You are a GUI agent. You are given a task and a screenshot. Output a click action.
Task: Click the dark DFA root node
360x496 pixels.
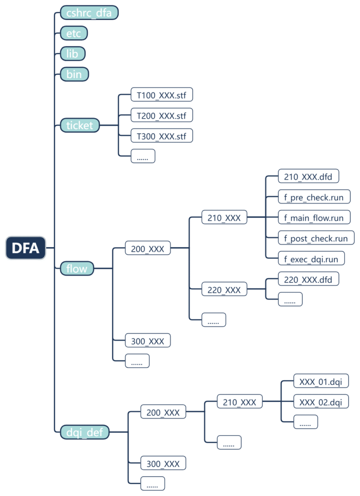point(26,248)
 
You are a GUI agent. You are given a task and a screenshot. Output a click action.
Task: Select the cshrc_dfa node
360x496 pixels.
point(89,13)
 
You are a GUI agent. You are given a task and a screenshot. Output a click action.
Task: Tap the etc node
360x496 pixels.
point(74,33)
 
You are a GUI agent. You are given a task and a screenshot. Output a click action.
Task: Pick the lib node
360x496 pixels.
point(72,53)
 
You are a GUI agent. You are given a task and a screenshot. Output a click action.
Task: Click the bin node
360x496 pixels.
point(74,74)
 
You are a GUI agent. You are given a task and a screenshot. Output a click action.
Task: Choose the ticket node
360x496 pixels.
point(80,125)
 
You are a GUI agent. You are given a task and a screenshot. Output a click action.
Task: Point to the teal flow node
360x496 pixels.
point(77,268)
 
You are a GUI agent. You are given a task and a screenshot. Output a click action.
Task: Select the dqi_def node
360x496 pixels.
point(85,432)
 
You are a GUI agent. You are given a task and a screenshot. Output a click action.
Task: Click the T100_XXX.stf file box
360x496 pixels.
point(162,94)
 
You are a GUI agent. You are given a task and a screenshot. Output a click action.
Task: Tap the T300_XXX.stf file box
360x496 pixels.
point(162,136)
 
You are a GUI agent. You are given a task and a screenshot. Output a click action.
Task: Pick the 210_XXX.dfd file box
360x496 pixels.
point(308,177)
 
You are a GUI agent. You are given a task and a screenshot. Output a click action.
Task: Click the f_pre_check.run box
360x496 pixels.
point(314,197)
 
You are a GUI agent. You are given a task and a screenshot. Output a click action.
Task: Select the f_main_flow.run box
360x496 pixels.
point(314,217)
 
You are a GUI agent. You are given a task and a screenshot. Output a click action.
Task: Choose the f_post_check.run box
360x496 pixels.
point(316,238)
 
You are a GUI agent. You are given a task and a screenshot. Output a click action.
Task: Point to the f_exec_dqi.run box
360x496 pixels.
point(312,259)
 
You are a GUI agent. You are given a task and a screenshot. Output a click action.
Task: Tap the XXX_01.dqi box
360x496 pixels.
point(321,381)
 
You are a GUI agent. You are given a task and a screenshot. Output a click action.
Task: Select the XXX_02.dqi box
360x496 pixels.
point(321,402)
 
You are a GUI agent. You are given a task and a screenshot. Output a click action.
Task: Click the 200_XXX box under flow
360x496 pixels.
point(148,249)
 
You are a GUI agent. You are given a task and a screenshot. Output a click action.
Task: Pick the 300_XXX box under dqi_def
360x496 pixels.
point(163,464)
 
